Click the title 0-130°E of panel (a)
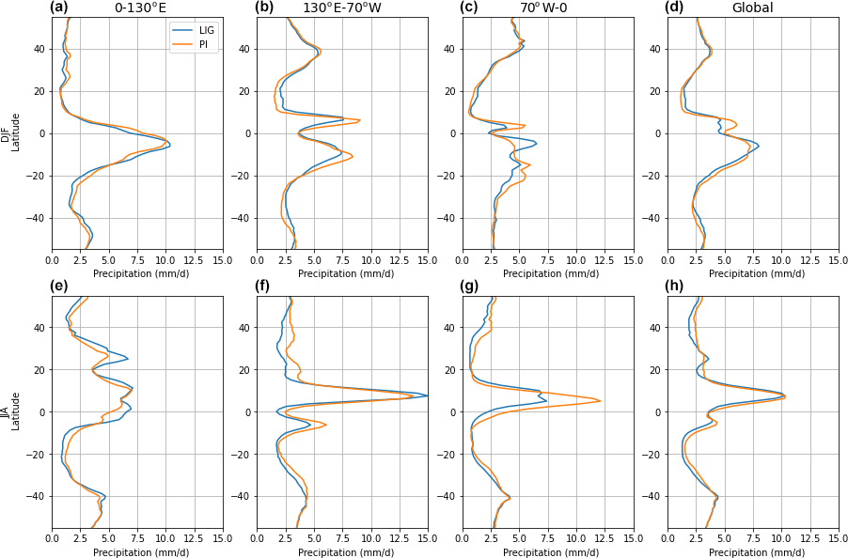tap(140, 8)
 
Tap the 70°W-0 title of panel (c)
tap(547, 8)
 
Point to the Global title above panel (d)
tap(752, 8)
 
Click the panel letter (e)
tap(59, 287)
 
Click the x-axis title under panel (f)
tap(342, 552)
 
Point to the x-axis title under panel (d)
tap(753, 274)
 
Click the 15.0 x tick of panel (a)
tap(223, 259)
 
